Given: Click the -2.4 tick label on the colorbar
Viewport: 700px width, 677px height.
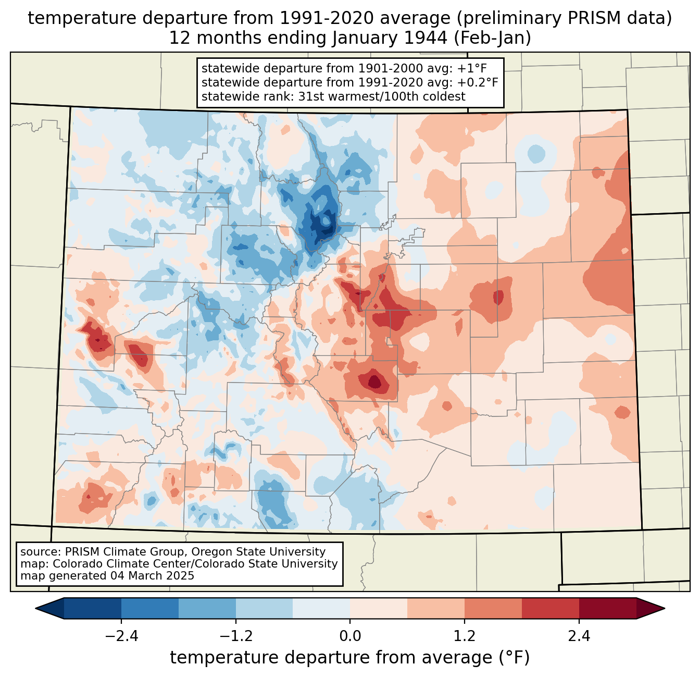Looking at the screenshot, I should pos(121,636).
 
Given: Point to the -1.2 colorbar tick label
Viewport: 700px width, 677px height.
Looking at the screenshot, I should pos(236,636).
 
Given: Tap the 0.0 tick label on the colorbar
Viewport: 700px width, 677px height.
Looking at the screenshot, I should pos(350,636).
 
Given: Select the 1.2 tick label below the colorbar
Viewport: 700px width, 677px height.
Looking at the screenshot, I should pos(465,636).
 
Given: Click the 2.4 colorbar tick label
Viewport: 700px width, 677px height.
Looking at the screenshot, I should pos(579,636).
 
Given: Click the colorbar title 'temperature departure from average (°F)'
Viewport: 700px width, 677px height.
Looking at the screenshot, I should pos(350,658).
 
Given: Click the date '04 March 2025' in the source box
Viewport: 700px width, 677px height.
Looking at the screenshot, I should pos(152,576).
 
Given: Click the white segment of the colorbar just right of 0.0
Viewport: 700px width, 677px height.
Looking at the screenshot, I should pos(379,608).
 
